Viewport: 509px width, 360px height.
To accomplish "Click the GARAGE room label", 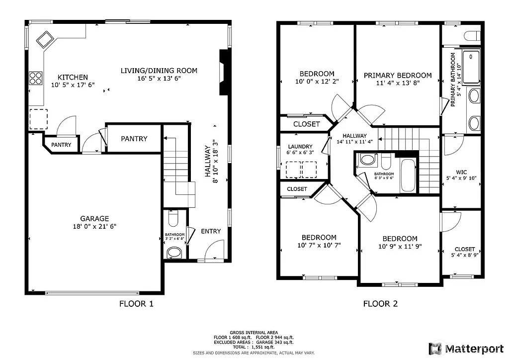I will coord(94,218).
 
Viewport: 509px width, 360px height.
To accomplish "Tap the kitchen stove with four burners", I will coord(36,78).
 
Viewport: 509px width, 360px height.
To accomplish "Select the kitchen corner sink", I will coord(45,39).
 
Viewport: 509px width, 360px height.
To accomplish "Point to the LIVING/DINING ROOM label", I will coord(159,71).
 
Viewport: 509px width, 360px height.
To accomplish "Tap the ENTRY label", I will coord(211,231).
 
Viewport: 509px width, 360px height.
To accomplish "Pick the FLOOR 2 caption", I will coord(380,304).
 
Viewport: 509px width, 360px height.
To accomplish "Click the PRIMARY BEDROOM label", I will coord(398,76).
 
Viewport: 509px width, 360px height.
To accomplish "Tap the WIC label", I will coord(461,173).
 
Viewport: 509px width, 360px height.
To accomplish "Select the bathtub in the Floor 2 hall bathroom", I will coord(409,175).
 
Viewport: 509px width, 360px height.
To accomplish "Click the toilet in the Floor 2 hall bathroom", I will coord(368,159).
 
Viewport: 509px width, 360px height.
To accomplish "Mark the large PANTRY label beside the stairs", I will coord(134,139).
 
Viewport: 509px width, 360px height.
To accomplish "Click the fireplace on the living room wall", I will coord(225,72).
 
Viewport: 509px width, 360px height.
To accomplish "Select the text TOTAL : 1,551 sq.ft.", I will coord(254,348).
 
